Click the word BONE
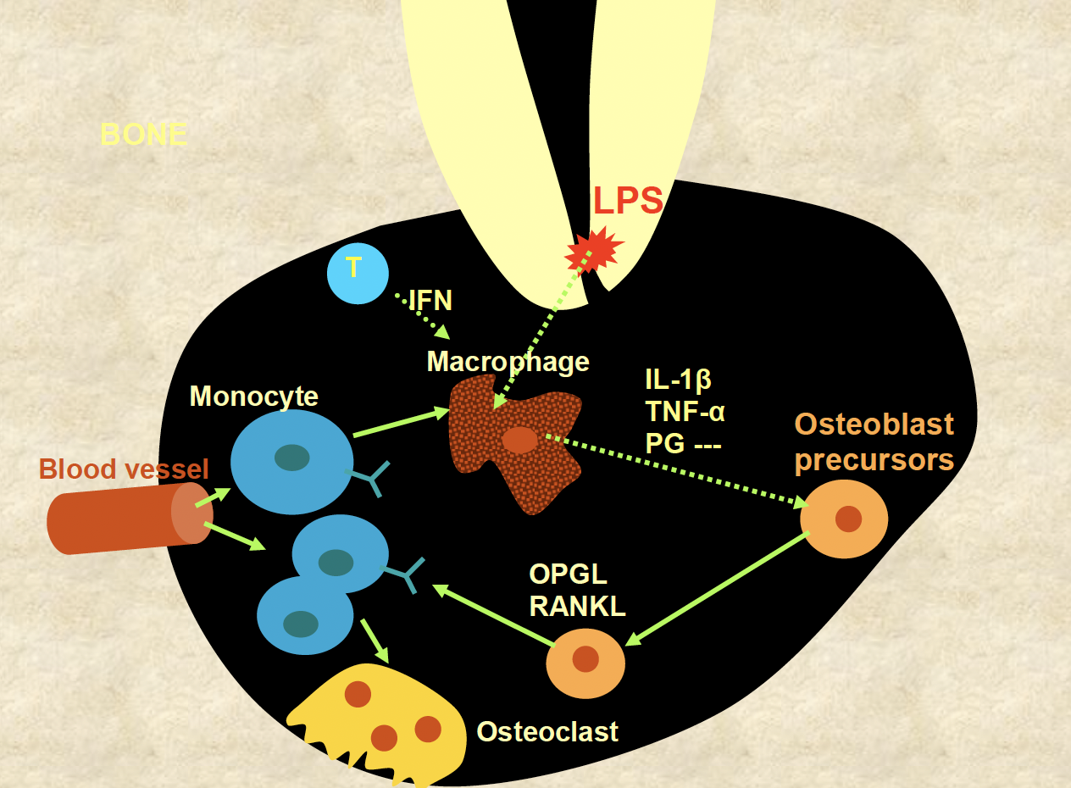click(x=143, y=135)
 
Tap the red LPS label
click(x=628, y=203)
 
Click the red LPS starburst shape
click(x=593, y=249)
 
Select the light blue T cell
click(x=358, y=273)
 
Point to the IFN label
click(x=430, y=301)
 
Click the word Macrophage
click(x=508, y=362)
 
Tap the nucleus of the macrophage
click(x=519, y=440)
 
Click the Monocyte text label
click(x=253, y=396)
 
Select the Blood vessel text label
click(x=124, y=468)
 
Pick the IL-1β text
click(x=678, y=380)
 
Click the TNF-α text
click(x=685, y=412)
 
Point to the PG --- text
click(x=683, y=442)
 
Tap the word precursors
click(x=874, y=460)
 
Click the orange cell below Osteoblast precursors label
click(x=844, y=519)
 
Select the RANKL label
click(x=577, y=606)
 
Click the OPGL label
click(x=569, y=574)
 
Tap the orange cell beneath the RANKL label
click(x=585, y=663)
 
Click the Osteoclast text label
click(x=547, y=731)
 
